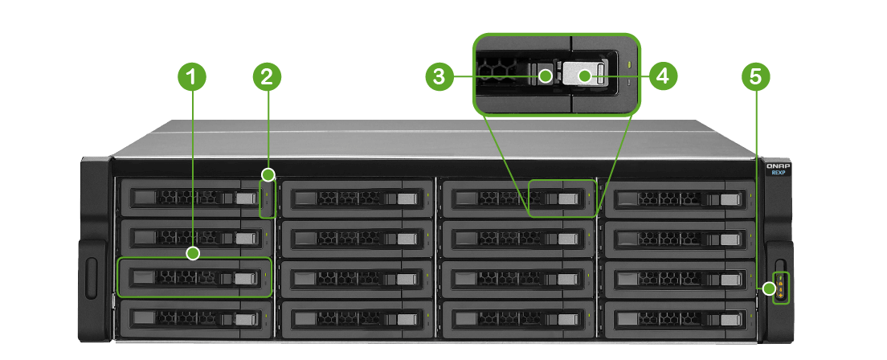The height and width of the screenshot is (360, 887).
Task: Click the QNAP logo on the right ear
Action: [778, 163]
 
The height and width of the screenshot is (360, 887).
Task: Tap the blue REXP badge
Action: [778, 171]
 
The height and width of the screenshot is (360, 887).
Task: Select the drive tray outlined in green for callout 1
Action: [194, 277]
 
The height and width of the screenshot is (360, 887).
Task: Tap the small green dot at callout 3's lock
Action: [546, 76]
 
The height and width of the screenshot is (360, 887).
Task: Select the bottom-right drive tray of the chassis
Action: [678, 318]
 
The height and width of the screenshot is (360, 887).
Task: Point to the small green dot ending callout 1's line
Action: [192, 254]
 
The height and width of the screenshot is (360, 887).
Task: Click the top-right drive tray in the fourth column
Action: [678, 198]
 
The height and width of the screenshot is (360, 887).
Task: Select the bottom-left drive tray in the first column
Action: [191, 318]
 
